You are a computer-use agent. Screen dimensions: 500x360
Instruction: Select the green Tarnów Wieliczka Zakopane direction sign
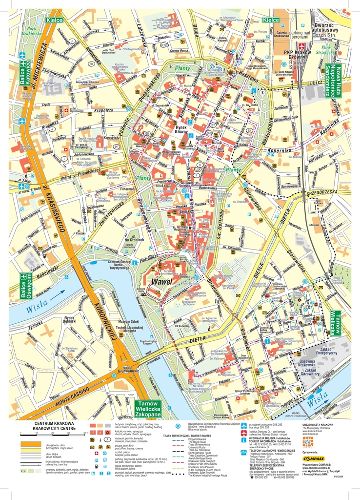pos(148,409)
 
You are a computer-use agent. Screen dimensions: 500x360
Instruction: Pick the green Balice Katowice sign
pos(25,73)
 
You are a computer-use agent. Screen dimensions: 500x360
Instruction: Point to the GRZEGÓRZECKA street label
pos(321,192)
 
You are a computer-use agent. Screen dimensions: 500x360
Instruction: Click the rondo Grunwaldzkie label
pos(131,370)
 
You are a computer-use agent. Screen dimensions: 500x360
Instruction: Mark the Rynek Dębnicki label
pos(69,320)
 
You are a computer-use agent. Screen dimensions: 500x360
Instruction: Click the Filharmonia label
pos(128,188)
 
